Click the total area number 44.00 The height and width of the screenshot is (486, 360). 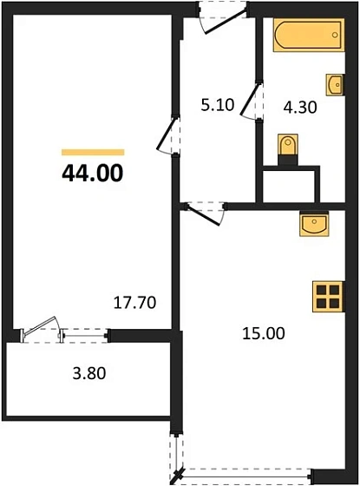point(93,171)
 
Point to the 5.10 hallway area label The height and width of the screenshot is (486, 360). point(217,106)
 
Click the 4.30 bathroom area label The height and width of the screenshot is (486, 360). point(300,109)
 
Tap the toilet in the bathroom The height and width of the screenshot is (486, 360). point(286,148)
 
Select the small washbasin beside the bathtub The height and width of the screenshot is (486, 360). point(335,84)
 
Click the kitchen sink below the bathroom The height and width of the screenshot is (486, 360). point(312,224)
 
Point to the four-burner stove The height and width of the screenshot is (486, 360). point(329,297)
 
